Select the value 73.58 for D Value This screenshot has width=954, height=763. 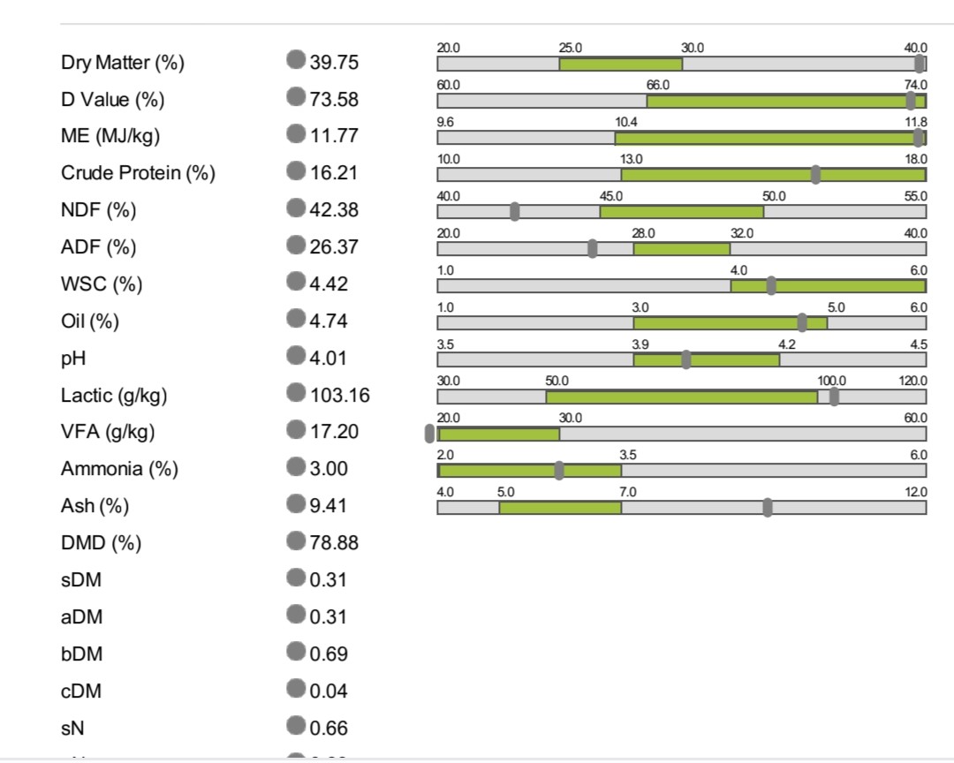pos(334,99)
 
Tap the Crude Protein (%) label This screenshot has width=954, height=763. pos(138,173)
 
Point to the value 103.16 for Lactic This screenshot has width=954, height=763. pos(339,396)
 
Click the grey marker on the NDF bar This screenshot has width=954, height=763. pos(515,211)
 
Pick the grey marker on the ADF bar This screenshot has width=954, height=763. pos(592,248)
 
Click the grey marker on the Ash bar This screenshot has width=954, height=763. pos(767,507)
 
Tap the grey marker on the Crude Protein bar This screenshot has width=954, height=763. pos(815,174)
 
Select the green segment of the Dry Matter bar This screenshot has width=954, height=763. pos(620,64)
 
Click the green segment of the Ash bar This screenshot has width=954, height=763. pos(560,507)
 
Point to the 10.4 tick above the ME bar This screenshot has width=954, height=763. pos(626,121)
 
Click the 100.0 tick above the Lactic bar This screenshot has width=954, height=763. pos(832,381)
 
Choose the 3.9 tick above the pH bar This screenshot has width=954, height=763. pos(640,344)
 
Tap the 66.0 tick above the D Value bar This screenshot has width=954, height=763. pos(658,84)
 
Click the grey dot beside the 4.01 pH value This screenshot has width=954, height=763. pos(296,356)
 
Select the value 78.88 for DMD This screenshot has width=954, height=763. pos(334,543)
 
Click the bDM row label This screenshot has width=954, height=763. pos(80,654)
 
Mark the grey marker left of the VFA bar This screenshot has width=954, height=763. pos(430,433)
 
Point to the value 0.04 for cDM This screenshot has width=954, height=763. pos(329,691)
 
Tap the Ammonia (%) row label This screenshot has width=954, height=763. pos(119,469)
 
